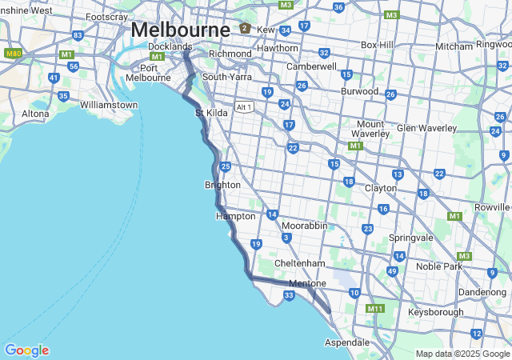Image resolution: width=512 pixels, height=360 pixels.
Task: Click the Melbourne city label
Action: coord(180,29)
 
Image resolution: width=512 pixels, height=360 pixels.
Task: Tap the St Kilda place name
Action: coord(211,113)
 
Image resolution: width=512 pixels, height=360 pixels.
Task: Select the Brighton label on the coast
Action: coord(222,185)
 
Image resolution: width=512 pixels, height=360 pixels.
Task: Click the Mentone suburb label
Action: coord(307,283)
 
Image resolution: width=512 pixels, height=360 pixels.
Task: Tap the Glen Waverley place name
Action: coord(427,128)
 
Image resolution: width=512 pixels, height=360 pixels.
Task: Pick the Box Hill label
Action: coord(377,45)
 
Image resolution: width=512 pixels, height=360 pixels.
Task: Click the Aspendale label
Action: coord(346,342)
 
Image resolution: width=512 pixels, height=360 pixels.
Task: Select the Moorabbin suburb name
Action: coord(304,226)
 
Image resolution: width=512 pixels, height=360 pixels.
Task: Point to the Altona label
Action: coord(35,114)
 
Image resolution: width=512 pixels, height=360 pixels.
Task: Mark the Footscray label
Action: coord(106,17)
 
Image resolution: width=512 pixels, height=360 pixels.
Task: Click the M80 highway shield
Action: coord(12,53)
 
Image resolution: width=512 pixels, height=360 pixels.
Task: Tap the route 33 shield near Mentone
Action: coord(289,295)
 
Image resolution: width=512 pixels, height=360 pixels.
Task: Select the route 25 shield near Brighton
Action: coord(226,166)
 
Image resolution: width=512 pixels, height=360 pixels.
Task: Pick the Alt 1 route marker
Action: coord(244,107)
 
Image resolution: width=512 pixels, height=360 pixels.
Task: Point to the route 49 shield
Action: coord(392,271)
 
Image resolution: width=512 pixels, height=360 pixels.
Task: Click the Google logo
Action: coord(26,350)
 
